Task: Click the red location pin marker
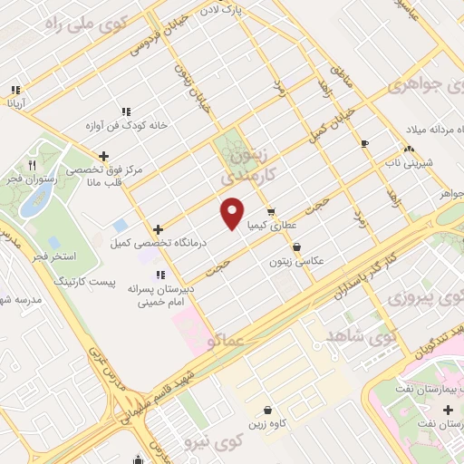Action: [233, 213]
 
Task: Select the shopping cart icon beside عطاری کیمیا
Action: [271, 212]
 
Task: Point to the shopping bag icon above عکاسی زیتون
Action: [296, 246]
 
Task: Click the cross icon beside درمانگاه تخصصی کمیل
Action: [159, 229]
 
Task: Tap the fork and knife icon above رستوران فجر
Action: [32, 166]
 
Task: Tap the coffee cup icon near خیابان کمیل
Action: [364, 143]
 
